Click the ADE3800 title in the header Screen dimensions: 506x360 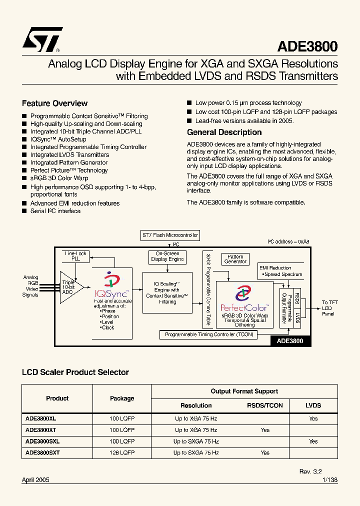click(x=307, y=46)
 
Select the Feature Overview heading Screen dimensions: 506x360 click(x=54, y=103)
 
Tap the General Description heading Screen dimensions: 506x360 click(x=224, y=132)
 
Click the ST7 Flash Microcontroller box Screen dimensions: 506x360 click(x=170, y=235)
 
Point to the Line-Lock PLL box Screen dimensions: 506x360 click(x=75, y=256)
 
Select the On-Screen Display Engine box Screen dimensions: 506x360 click(x=167, y=256)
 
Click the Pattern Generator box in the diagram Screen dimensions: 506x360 click(x=235, y=259)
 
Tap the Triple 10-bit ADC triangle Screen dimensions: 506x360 click(x=69, y=287)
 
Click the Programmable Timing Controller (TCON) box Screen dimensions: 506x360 click(x=209, y=334)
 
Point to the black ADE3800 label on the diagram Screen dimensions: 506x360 click(x=290, y=341)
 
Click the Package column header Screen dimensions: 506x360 click(x=122, y=398)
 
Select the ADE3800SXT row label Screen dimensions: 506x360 click(x=42, y=452)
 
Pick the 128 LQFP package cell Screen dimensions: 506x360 click(x=122, y=452)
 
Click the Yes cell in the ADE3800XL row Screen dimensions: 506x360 click(x=313, y=419)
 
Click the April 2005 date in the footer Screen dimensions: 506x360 click(x=35, y=479)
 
